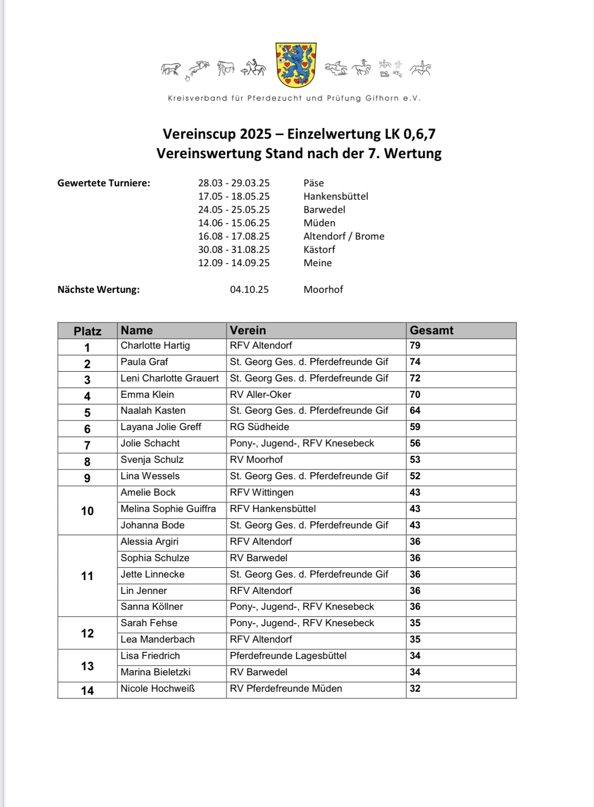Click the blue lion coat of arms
click(x=296, y=65)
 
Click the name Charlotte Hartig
click(x=155, y=346)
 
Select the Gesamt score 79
click(x=415, y=346)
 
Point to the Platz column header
click(x=87, y=331)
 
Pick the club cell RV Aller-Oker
click(x=260, y=395)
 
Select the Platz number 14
click(x=87, y=691)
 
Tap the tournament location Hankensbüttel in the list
click(x=336, y=196)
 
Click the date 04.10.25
click(x=249, y=289)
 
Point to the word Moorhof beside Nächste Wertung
click(x=323, y=289)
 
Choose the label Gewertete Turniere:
click(x=104, y=183)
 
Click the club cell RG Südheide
click(x=259, y=427)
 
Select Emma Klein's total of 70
click(x=415, y=395)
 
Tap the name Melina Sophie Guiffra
click(x=168, y=509)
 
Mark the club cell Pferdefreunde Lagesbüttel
click(x=288, y=656)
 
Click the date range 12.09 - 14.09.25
click(x=234, y=263)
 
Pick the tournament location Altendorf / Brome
click(x=344, y=236)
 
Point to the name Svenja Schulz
click(x=152, y=460)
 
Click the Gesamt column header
click(x=431, y=330)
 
